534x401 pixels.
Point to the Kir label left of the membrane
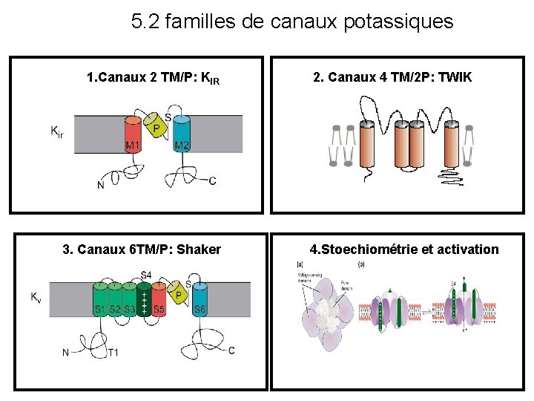(x=56, y=131)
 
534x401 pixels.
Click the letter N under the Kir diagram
(x=100, y=185)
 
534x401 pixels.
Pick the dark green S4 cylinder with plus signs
(x=145, y=301)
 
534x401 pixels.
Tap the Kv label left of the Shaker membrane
(x=36, y=297)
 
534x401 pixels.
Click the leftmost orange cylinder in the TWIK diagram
(x=367, y=146)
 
